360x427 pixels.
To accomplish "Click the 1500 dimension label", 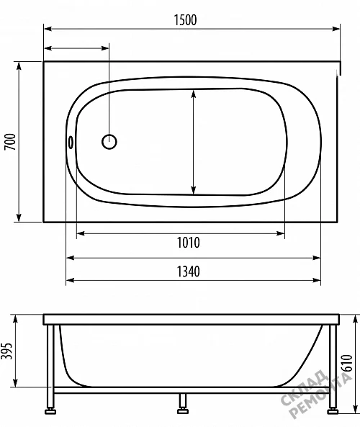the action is [x=185, y=20].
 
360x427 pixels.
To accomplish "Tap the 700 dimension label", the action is [x=10, y=142].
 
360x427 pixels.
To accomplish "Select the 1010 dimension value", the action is [x=188, y=243].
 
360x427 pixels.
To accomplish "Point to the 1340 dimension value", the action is [x=188, y=271].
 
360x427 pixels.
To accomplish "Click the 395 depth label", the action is [x=6, y=351].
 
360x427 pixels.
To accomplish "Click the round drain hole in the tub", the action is [x=109, y=142].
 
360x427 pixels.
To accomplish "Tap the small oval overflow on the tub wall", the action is [x=71, y=142].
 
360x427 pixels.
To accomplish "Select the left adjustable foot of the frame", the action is [x=50, y=410].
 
